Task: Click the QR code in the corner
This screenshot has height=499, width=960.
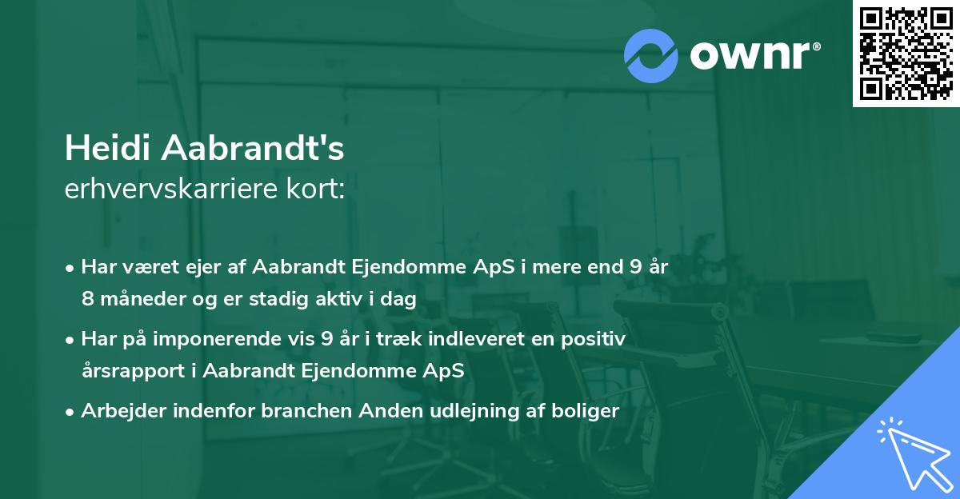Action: pos(906,54)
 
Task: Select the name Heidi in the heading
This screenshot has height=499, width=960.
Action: pos(109,149)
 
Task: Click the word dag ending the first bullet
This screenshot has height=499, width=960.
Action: pos(402,299)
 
